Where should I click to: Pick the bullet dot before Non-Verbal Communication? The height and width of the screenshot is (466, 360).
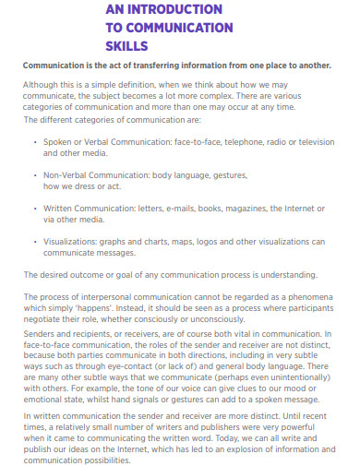(35, 175)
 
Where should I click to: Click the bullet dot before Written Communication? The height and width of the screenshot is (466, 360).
(35, 209)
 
